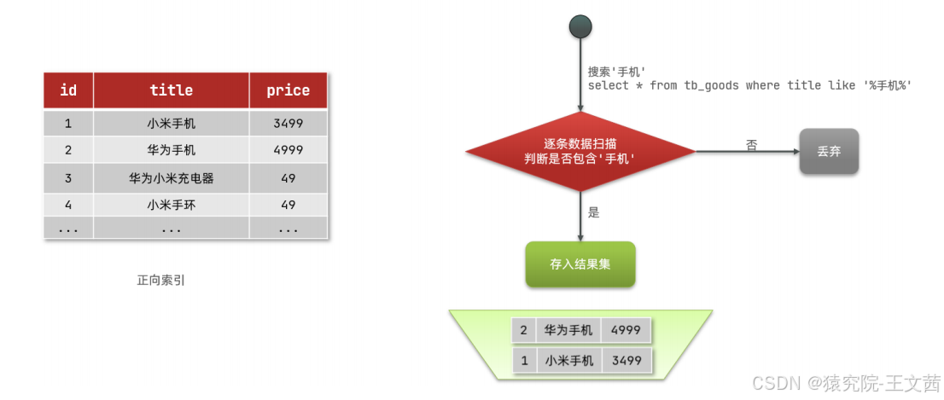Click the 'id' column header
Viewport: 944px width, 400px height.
(x=68, y=90)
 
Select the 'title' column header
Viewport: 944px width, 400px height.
(x=171, y=90)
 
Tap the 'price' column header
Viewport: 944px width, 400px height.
(x=288, y=90)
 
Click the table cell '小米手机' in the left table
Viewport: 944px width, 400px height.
(x=171, y=124)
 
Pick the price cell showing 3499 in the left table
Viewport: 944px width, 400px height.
(x=288, y=124)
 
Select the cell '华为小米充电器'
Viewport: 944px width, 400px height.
(x=171, y=178)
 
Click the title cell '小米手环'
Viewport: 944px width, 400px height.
(x=171, y=205)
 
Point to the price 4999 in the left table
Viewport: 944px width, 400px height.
(x=288, y=150)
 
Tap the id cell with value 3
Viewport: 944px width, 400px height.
(x=68, y=178)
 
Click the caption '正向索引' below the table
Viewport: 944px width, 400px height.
(x=160, y=280)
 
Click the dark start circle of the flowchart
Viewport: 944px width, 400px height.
(x=580, y=26)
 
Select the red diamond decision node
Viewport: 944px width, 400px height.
(x=580, y=152)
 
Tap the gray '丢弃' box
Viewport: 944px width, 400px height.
(x=829, y=152)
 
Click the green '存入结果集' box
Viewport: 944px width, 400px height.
(x=580, y=264)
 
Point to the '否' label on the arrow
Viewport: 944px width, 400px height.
(x=751, y=145)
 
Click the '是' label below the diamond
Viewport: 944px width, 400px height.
(x=594, y=212)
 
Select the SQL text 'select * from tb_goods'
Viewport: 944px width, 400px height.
(x=665, y=86)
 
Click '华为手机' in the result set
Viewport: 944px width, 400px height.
(x=568, y=330)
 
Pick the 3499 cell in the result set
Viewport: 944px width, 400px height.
(x=626, y=361)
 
